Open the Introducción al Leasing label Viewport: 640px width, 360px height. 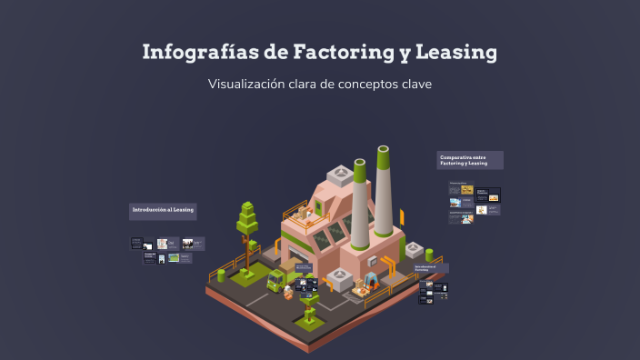pyautogui.click(x=163, y=211)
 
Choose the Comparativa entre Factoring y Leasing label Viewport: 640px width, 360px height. pyautogui.click(x=469, y=160)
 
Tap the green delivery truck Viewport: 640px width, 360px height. pyautogui.click(x=275, y=278)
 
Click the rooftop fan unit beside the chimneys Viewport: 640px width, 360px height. pyautogui.click(x=340, y=173)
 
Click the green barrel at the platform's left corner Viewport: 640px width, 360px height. pyautogui.click(x=221, y=275)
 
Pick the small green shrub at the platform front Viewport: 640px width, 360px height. pyautogui.click(x=310, y=315)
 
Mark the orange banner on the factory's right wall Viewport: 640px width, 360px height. pyautogui.click(x=401, y=218)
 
